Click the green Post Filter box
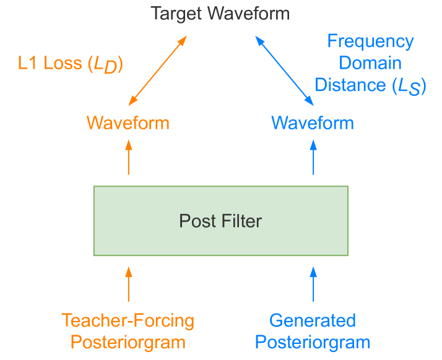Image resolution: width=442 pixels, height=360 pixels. pos(220,221)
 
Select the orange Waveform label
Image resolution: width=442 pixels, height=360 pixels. pos(128,122)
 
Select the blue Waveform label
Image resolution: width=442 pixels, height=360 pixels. pos(313,122)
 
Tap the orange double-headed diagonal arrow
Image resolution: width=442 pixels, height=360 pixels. pos(157,70)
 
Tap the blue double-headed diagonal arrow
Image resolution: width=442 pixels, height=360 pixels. pos(284,70)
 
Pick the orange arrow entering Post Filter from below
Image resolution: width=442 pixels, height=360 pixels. pos(129,283)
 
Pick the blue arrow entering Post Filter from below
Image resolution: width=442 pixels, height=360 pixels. pos(313,283)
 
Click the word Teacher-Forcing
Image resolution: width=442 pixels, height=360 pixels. pos(128,321)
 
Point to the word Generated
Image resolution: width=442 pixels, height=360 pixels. pos(313,321)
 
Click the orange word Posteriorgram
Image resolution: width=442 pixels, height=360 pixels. pos(128,342)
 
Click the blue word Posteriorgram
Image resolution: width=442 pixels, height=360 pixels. pos(313,342)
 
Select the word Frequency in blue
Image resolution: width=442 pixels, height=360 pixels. pos(370,42)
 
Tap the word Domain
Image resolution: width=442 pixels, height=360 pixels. pos(370,63)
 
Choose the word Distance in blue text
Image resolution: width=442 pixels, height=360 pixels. pos(350,85)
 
